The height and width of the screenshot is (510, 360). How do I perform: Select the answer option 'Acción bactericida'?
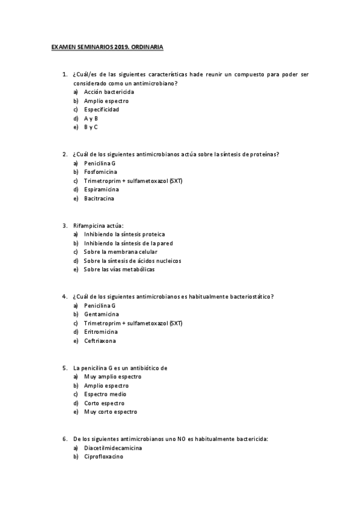pyautogui.click(x=109, y=92)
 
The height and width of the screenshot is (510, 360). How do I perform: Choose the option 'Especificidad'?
pyautogui.click(x=101, y=109)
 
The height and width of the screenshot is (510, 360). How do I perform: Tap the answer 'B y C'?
pyautogui.click(x=91, y=127)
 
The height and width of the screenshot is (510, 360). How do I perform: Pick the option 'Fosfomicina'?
pyautogui.click(x=100, y=172)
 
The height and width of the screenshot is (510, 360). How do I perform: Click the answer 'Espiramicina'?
pyautogui.click(x=101, y=189)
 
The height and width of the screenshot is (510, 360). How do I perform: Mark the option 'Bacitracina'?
pyautogui.click(x=99, y=198)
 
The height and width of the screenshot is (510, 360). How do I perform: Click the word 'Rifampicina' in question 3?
pyautogui.click(x=88, y=226)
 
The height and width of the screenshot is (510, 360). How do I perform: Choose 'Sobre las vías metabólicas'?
pyautogui.click(x=119, y=269)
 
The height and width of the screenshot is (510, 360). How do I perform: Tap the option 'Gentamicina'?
pyautogui.click(x=101, y=314)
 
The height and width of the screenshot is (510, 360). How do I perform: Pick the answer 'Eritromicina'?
pyautogui.click(x=100, y=332)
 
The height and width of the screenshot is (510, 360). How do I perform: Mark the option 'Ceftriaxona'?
pyautogui.click(x=100, y=341)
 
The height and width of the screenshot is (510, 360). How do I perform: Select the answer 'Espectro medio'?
pyautogui.click(x=105, y=395)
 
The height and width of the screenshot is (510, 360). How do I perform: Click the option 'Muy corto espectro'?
pyautogui.click(x=111, y=412)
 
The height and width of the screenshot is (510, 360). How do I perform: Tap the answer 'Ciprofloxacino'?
pyautogui.click(x=103, y=457)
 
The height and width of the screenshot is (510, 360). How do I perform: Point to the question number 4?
pyautogui.click(x=64, y=296)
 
